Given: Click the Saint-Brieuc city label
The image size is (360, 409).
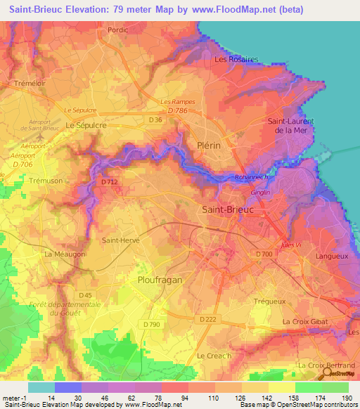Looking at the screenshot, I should click(227, 209).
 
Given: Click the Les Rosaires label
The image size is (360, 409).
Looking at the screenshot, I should click(236, 60).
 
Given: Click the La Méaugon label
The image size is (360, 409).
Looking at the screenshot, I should click(65, 254).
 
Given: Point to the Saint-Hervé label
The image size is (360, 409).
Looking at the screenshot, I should click(121, 240).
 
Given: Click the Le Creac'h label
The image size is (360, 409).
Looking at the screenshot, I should click(214, 356).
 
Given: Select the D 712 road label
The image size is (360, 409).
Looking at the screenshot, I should click(108, 182).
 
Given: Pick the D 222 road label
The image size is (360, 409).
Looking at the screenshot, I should click(207, 319).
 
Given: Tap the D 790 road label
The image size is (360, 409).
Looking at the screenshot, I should click(151, 324).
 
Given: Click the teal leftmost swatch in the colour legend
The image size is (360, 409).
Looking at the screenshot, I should click(41, 387).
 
